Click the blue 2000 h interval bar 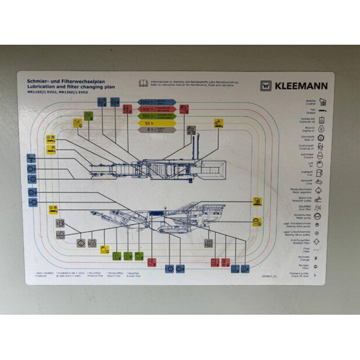pyautogui.click(x=156, y=101)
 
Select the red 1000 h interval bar pyautogui.click(x=156, y=109)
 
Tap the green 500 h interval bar pyautogui.click(x=156, y=116)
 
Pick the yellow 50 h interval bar pyautogui.click(x=156, y=123)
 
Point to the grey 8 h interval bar pyautogui.click(x=156, y=130)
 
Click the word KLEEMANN pyautogui.click(x=301, y=86)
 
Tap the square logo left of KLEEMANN pyautogui.click(x=265, y=86)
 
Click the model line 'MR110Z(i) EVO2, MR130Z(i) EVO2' pyautogui.click(x=58, y=92)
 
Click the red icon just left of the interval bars pyautogui.click(x=127, y=109)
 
